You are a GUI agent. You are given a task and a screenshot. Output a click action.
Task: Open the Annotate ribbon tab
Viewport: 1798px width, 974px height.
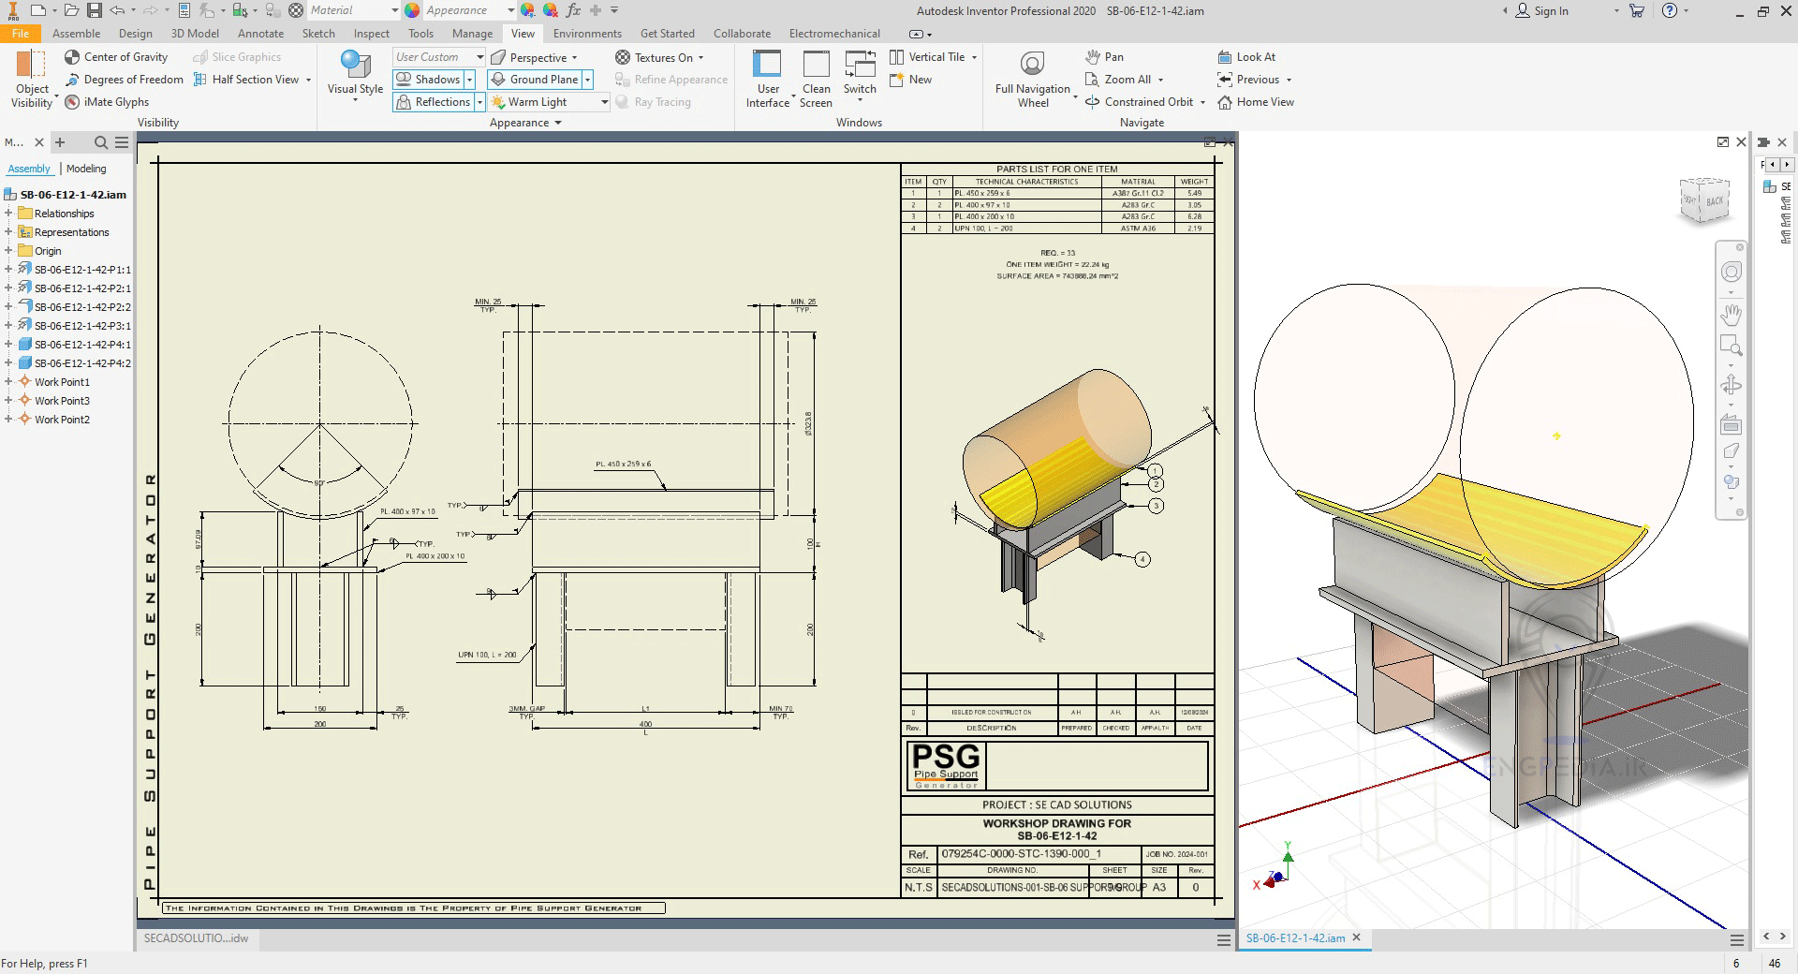click(260, 34)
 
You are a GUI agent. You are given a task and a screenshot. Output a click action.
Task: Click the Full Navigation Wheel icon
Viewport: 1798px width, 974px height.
click(1032, 65)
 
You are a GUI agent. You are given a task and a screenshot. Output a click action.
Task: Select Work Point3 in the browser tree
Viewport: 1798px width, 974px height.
click(62, 401)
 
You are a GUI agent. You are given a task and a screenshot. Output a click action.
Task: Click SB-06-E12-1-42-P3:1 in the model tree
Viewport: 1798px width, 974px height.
click(82, 326)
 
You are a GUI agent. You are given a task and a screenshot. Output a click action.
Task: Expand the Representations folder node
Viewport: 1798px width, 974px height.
click(8, 232)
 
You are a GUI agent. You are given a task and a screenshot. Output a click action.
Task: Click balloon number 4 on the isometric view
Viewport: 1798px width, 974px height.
click(1142, 559)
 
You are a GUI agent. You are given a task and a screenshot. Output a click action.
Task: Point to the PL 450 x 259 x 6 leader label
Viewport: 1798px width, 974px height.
click(623, 465)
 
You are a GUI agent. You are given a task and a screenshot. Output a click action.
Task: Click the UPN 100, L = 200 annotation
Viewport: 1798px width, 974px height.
click(487, 655)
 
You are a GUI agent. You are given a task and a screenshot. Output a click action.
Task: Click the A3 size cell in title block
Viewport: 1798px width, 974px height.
click(1159, 887)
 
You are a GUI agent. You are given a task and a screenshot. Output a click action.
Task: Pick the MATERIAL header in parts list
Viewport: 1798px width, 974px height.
click(1138, 182)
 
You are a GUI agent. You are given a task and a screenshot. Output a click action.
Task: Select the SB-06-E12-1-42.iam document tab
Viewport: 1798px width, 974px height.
click(1295, 937)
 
